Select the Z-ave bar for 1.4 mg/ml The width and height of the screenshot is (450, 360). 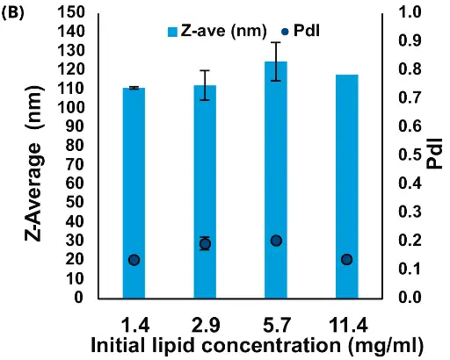(134, 193)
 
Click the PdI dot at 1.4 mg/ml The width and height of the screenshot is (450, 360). (134, 260)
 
